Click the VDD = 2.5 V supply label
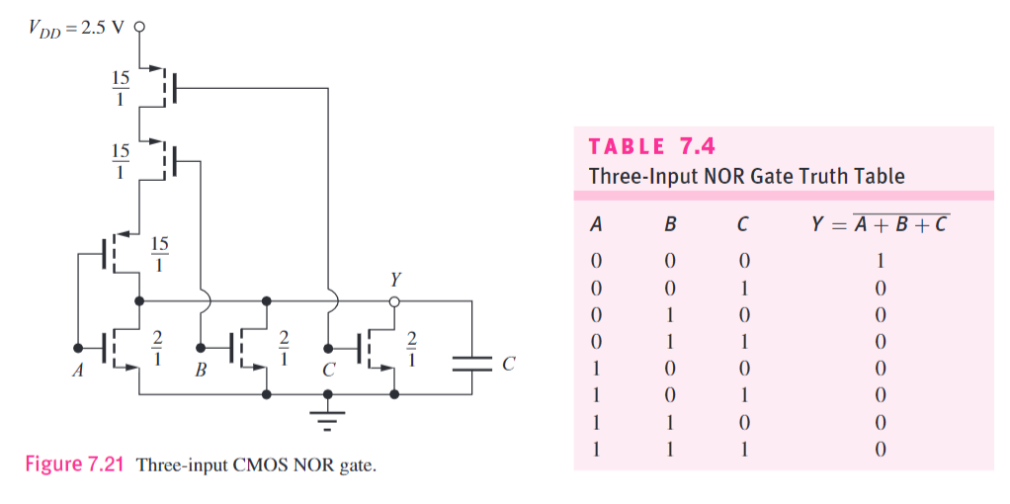pos(77,26)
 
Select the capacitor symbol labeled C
pos(471,364)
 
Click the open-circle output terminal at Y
pos(395,298)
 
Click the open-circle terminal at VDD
pos(139,27)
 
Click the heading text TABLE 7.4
pos(650,147)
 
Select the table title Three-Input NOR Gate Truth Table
pos(746,177)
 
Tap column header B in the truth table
pos(670,224)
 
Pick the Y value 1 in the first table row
pos(880,262)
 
